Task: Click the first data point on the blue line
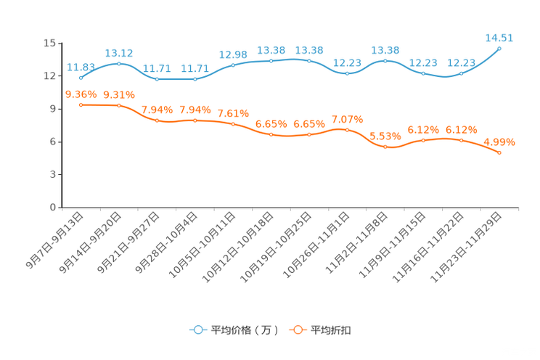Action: pos(81,77)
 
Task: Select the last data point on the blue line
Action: pos(499,48)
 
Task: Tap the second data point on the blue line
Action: pos(119,64)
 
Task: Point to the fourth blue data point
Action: pos(195,78)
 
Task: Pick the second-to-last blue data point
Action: pos(461,73)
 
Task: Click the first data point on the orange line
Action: pos(81,105)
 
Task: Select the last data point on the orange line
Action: pos(499,153)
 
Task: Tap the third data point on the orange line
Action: pos(157,120)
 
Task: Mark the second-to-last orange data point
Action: pos(461,140)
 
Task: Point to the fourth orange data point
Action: pos(195,120)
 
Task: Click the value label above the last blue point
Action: pos(499,36)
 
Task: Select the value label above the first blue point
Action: pos(80,67)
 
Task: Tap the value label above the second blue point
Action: pos(119,52)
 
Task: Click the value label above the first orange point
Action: pos(81,94)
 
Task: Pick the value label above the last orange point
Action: pos(499,141)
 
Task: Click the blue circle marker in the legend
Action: pos(198,330)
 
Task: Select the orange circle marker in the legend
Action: pos(298,330)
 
